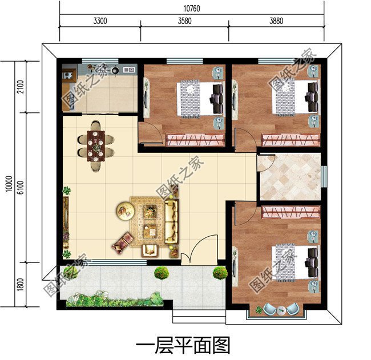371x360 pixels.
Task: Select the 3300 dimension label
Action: [x=99, y=22]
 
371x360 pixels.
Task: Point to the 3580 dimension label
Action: [x=184, y=22]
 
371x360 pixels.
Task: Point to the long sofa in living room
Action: [x=171, y=224]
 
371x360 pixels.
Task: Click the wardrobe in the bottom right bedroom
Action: [x=290, y=212]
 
